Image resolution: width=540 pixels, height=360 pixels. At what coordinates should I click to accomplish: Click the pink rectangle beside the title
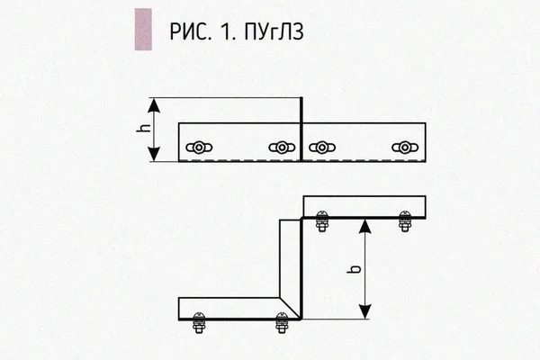tap(143, 30)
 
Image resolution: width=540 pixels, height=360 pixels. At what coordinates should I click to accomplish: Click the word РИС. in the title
tap(190, 31)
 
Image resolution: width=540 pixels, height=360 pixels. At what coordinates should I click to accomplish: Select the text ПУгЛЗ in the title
tap(274, 31)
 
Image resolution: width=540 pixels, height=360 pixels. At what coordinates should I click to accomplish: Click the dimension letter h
tap(143, 128)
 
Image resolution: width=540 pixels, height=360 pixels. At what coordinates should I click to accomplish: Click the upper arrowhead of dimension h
tap(154, 105)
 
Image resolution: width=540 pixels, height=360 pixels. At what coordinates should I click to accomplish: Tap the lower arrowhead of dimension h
tap(154, 154)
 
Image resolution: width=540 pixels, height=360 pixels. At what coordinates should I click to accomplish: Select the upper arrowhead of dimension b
tap(365, 226)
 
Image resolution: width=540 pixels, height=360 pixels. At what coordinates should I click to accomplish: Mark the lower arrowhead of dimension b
tap(365, 311)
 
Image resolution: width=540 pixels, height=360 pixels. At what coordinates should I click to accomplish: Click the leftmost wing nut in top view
tap(199, 148)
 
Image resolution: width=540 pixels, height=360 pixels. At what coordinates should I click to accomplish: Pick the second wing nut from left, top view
tap(282, 148)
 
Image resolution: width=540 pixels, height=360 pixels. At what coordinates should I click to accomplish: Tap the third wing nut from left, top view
tap(322, 148)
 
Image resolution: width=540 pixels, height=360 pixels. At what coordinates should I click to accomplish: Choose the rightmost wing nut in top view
tap(405, 148)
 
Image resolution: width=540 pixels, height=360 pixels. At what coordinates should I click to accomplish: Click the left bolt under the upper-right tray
tap(322, 221)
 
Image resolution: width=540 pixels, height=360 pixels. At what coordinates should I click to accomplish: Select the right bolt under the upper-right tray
tap(405, 221)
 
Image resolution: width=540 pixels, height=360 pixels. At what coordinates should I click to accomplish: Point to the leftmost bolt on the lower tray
tap(199, 323)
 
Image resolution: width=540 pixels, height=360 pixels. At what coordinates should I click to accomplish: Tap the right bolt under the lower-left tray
tap(282, 323)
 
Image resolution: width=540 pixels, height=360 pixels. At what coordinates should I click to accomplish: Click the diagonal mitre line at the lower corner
tap(290, 308)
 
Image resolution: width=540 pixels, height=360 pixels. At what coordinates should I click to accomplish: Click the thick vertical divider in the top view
tap(301, 130)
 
